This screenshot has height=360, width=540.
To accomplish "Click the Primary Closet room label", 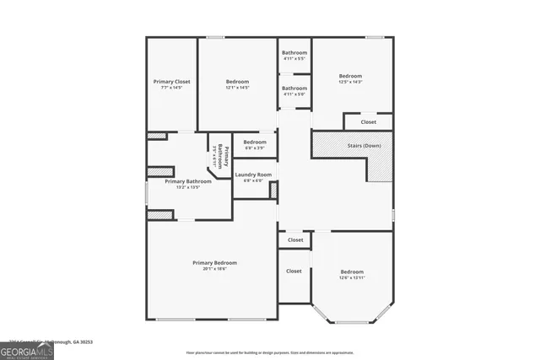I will pyautogui.click(x=171, y=82).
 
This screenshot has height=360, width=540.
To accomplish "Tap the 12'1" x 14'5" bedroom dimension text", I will pyautogui.click(x=237, y=88).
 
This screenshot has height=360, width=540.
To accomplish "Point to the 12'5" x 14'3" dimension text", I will pyautogui.click(x=350, y=82).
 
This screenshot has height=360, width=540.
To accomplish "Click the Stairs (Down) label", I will pyautogui.click(x=364, y=145).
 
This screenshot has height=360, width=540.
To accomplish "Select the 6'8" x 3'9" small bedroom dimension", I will pyautogui.click(x=255, y=148).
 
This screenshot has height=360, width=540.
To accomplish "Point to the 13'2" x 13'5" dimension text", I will pyautogui.click(x=187, y=187).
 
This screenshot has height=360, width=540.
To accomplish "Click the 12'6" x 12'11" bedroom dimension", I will pyautogui.click(x=352, y=277).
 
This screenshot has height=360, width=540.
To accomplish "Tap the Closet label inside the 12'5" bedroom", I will pyautogui.click(x=369, y=122).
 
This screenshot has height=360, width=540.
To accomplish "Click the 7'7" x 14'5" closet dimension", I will pyautogui.click(x=171, y=88).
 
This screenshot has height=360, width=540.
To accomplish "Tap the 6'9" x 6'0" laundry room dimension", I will pyautogui.click(x=253, y=180).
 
